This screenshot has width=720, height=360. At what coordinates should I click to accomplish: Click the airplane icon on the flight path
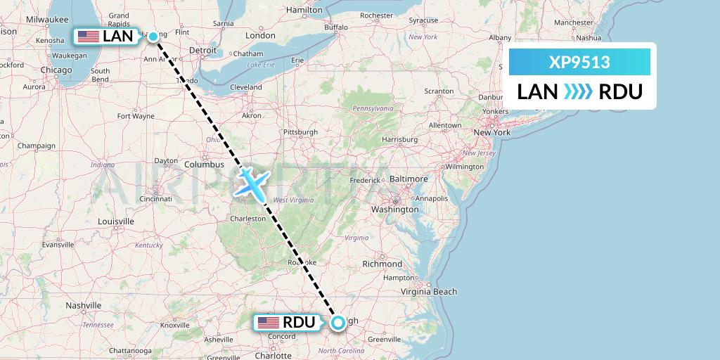pos(252,183)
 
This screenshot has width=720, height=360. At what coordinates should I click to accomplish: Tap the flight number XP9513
pos(579,63)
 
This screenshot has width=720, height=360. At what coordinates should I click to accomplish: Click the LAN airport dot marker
pos(153,36)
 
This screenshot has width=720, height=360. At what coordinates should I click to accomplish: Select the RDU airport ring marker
pos(338,322)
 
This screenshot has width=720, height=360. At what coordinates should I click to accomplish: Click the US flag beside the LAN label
pos(89,36)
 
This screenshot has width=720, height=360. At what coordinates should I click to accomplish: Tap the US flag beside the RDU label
pos(268,323)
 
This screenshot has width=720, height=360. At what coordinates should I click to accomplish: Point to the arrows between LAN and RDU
pos(579,91)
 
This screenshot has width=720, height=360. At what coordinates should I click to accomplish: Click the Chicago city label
pos(56,70)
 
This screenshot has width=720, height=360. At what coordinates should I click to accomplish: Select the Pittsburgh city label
pos(300,131)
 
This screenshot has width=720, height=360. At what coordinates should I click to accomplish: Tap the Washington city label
pos(395,209)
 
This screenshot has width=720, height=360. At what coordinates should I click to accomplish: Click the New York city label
pos(491,132)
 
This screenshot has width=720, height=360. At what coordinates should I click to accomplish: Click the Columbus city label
pos(204,165)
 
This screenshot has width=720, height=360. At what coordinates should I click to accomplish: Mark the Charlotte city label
pos(274,355)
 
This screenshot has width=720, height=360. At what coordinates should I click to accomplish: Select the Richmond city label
pos(382,264)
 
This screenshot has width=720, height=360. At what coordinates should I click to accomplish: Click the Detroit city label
pos(202,51)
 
